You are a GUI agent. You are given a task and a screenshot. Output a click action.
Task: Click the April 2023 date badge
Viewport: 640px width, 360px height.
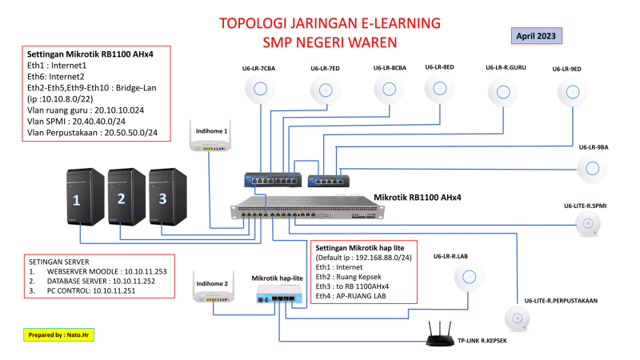536,36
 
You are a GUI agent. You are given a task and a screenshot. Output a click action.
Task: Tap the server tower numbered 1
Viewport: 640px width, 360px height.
82,196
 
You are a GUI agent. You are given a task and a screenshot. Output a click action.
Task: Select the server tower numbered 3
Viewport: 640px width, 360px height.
167,196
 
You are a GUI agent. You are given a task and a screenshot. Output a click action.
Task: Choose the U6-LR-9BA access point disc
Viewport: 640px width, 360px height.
593,168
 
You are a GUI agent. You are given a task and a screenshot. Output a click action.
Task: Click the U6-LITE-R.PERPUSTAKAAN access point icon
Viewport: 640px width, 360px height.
518,318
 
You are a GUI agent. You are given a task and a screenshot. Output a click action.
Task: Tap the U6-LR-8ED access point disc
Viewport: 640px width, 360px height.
439,90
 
